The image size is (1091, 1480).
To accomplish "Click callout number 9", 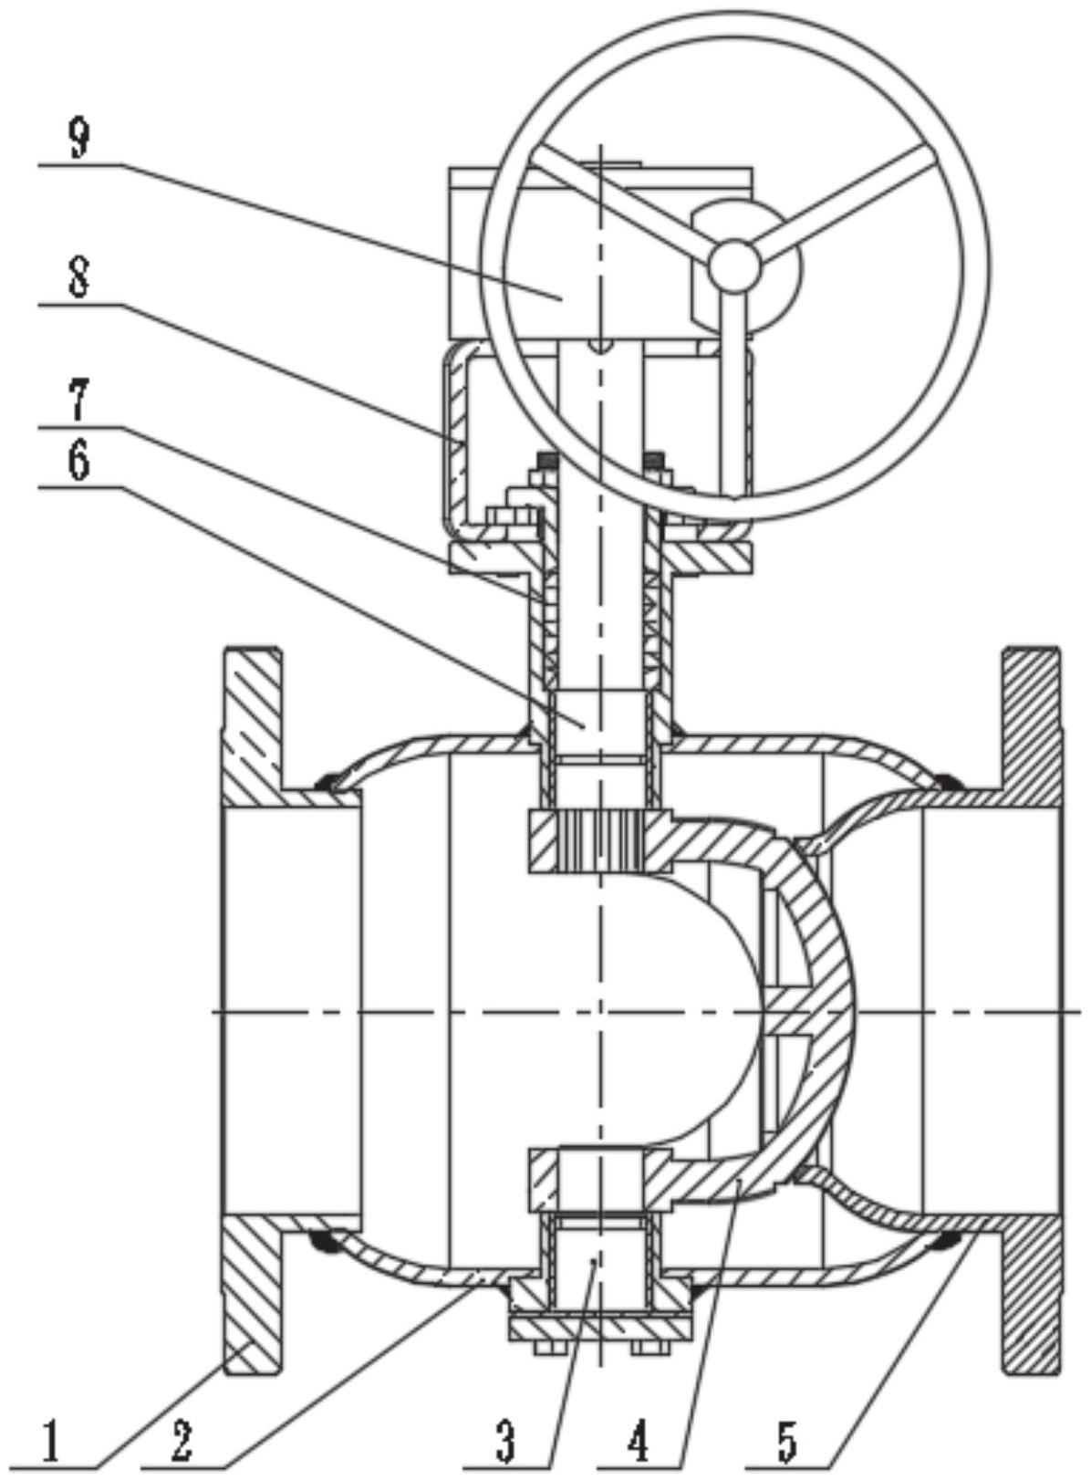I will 80,140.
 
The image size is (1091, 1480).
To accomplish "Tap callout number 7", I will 80,399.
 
